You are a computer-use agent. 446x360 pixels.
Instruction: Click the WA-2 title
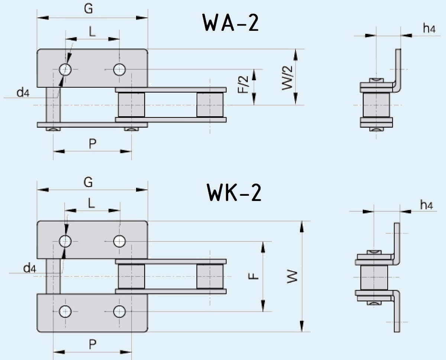point(230,23)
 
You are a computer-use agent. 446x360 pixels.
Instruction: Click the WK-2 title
point(234,193)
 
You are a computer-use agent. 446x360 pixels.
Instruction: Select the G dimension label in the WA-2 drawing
point(88,9)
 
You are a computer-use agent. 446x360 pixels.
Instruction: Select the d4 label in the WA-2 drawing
point(23,93)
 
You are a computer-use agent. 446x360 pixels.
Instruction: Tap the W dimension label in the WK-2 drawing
point(293,277)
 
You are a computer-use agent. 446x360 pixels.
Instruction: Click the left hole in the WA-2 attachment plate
point(66,69)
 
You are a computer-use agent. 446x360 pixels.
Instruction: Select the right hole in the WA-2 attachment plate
point(119,69)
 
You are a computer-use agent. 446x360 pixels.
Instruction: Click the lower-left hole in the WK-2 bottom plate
point(66,311)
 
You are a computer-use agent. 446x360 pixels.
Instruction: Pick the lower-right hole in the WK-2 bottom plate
point(119,311)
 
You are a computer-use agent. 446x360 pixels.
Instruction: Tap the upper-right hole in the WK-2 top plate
point(119,241)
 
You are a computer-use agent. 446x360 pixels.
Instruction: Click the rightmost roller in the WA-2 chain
point(210,105)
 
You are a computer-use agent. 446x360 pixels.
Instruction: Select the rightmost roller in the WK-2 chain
point(210,277)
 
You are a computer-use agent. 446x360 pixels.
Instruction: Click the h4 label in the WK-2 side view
point(426,204)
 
